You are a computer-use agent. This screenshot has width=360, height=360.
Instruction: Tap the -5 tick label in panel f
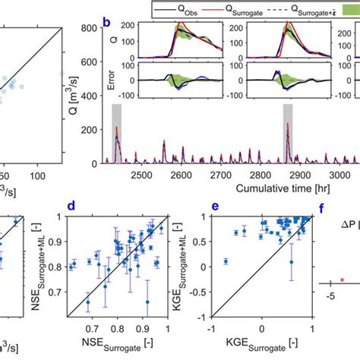331,296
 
